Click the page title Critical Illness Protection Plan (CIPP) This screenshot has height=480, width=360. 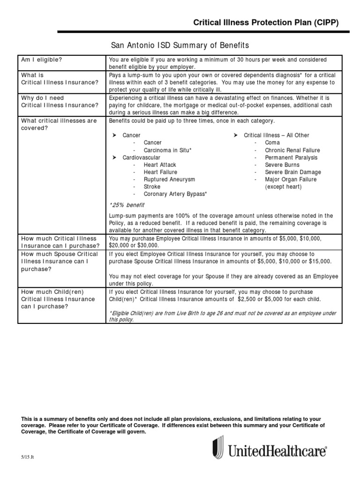pos(266,23)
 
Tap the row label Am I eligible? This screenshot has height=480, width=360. pos(42,60)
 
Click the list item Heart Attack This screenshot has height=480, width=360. pos(160,165)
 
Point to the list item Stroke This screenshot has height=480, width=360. pos(152,187)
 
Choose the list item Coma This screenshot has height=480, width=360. pos(272,142)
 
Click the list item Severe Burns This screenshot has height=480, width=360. pos(282,165)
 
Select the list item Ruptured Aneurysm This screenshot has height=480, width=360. pos(169,180)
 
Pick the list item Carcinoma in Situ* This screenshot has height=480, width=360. pos(167,150)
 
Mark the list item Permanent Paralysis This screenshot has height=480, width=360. pos(291,157)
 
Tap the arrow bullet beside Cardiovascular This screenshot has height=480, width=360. pos(113,157)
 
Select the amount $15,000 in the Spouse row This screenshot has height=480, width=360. pos(320,261)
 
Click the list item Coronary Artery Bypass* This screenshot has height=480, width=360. pos(175,194)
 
